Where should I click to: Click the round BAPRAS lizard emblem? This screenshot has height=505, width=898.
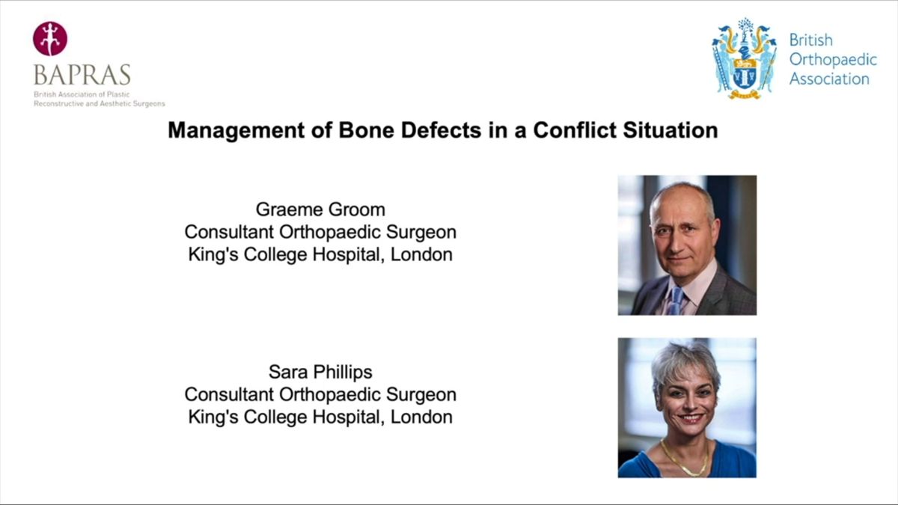click(x=50, y=38)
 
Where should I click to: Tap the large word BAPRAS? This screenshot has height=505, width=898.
click(x=82, y=75)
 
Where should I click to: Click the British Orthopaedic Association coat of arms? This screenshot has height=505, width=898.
click(x=744, y=58)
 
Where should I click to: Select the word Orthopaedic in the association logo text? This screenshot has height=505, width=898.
click(x=833, y=60)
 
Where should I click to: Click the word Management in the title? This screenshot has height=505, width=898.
click(x=236, y=130)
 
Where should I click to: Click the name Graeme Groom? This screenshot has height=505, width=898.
click(x=320, y=209)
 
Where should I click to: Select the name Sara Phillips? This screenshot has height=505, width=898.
click(x=320, y=372)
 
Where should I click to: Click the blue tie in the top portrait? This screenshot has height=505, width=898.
click(x=676, y=301)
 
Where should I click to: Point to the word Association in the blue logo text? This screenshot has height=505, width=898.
click(x=829, y=79)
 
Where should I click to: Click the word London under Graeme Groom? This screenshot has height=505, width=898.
click(x=421, y=254)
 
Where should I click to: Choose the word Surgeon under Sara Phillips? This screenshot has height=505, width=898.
click(x=421, y=394)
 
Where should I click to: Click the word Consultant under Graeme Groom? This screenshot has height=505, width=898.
click(x=229, y=232)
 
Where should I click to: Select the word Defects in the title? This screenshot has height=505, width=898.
click(x=441, y=130)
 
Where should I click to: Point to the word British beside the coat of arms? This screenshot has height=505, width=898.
click(x=811, y=40)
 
